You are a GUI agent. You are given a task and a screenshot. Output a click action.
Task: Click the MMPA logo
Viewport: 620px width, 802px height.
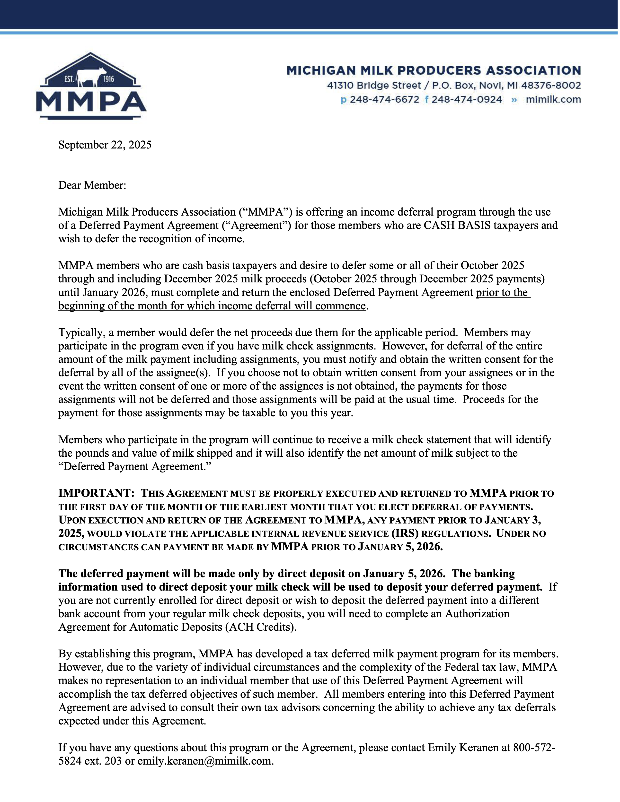[91, 87]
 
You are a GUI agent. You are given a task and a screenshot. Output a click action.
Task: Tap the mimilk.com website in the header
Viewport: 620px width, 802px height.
[553, 99]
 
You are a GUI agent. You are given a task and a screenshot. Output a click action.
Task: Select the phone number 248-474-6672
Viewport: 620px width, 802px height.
[384, 99]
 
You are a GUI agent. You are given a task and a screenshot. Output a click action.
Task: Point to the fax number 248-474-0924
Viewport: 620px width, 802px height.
[467, 99]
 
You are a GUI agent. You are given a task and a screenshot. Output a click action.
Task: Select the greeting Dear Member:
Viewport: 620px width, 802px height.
[92, 185]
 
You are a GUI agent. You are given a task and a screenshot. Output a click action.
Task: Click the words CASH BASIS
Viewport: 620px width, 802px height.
[457, 225]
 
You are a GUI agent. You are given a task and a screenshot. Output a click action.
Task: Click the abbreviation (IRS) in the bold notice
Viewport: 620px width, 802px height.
[405, 533]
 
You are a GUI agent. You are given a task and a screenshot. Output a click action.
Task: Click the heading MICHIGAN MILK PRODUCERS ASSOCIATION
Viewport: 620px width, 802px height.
[434, 70]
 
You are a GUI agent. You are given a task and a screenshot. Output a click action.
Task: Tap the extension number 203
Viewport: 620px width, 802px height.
[113, 761]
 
